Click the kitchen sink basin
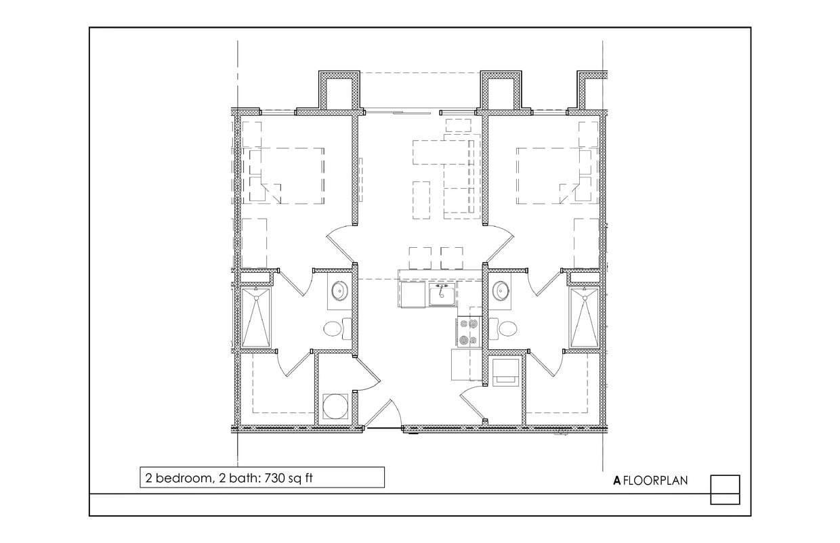(442, 295)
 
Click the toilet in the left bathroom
(333, 329)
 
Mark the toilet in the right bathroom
(507, 329)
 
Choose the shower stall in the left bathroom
(255, 317)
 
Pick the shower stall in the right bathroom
(583, 317)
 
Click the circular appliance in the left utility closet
(335, 408)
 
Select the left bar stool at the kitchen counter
(420, 257)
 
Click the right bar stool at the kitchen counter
(452, 257)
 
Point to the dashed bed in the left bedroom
(286, 175)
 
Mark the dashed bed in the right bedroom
(553, 175)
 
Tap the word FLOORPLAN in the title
(655, 481)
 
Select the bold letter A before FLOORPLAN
(616, 481)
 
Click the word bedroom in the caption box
(181, 477)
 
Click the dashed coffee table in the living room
(421, 200)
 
